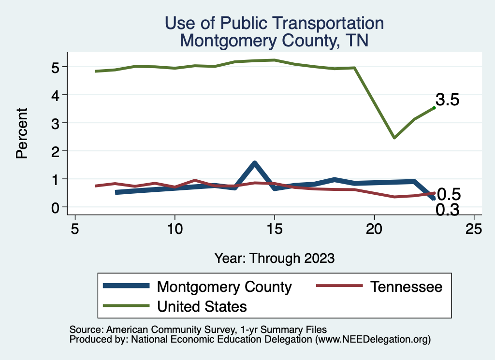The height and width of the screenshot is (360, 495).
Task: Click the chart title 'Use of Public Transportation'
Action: click(x=274, y=23)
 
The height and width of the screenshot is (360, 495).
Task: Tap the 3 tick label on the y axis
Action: click(x=56, y=123)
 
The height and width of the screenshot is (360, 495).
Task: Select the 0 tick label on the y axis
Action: click(x=56, y=207)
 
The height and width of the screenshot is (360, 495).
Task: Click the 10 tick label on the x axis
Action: click(x=175, y=229)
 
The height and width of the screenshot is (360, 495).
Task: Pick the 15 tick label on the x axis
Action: click(x=275, y=229)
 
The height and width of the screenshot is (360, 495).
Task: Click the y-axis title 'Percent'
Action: click(x=21, y=133)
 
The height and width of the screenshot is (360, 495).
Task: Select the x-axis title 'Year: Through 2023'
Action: click(x=274, y=258)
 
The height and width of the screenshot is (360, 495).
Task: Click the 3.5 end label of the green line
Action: click(x=447, y=100)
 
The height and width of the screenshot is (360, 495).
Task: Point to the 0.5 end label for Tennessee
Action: click(x=448, y=194)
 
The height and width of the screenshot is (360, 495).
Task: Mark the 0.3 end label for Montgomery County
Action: click(x=447, y=210)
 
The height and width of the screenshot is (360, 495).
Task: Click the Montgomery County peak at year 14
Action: click(x=254, y=163)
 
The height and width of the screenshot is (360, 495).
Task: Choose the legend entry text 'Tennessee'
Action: click(x=406, y=287)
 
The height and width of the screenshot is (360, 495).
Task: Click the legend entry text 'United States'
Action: click(x=202, y=306)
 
